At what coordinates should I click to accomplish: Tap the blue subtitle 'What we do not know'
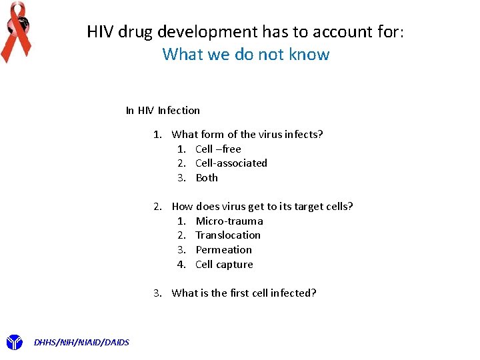[x=246, y=54]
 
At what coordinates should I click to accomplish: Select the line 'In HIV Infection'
[x=163, y=111]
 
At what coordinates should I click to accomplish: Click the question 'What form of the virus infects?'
[x=247, y=135]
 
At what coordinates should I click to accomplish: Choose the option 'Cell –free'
[x=218, y=149]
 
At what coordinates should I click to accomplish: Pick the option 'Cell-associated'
[x=231, y=163]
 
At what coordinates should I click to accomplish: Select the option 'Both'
[x=207, y=178]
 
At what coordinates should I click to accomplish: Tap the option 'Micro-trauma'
[x=229, y=221]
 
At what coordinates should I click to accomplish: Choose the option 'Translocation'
[x=228, y=235]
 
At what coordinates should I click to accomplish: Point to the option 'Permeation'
[x=224, y=250]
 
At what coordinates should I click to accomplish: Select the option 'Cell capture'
[x=224, y=265]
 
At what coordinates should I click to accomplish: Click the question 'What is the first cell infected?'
[x=244, y=293]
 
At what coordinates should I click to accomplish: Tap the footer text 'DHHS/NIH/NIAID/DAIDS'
[x=81, y=343]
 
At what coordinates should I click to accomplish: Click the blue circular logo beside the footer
[x=14, y=342]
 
